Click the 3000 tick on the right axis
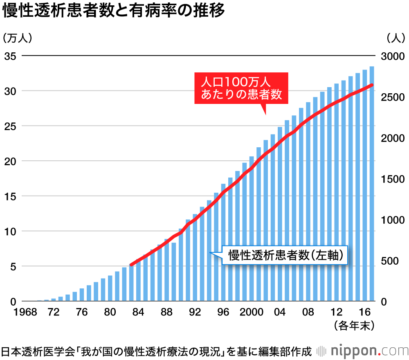click(x=392, y=56)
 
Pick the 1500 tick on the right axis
click(x=392, y=179)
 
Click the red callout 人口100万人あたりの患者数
click(x=241, y=88)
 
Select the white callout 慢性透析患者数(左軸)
click(x=285, y=256)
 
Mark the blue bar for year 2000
click(x=252, y=229)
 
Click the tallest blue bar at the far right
click(x=372, y=184)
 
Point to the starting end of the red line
click(x=131, y=265)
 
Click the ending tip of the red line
click(x=372, y=85)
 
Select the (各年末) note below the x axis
click(x=354, y=326)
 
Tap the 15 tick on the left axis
click(x=10, y=196)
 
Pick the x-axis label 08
click(x=308, y=313)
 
